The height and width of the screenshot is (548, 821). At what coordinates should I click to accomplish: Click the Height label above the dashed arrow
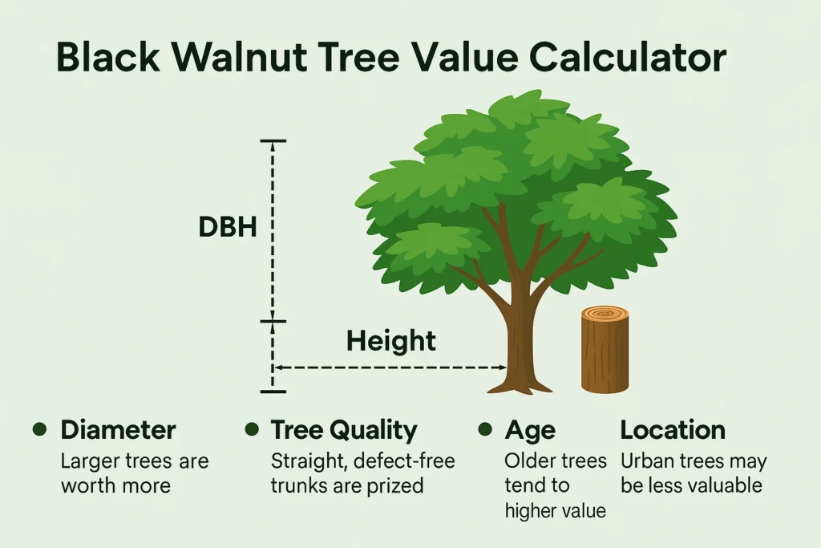390,341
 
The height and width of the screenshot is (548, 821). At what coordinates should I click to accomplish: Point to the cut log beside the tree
604,353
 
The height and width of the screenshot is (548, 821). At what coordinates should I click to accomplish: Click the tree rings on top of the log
605,314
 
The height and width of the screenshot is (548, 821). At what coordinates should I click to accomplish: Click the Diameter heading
118,430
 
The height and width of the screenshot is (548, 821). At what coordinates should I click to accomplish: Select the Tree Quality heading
344,430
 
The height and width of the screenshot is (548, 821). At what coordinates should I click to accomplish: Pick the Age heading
530,430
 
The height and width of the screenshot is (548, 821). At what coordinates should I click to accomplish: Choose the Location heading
673,430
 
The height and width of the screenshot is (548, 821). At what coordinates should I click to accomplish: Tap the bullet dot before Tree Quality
252,429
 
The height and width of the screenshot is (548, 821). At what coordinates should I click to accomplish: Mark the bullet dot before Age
484,429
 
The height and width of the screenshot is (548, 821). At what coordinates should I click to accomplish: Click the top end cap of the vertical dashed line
273,141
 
